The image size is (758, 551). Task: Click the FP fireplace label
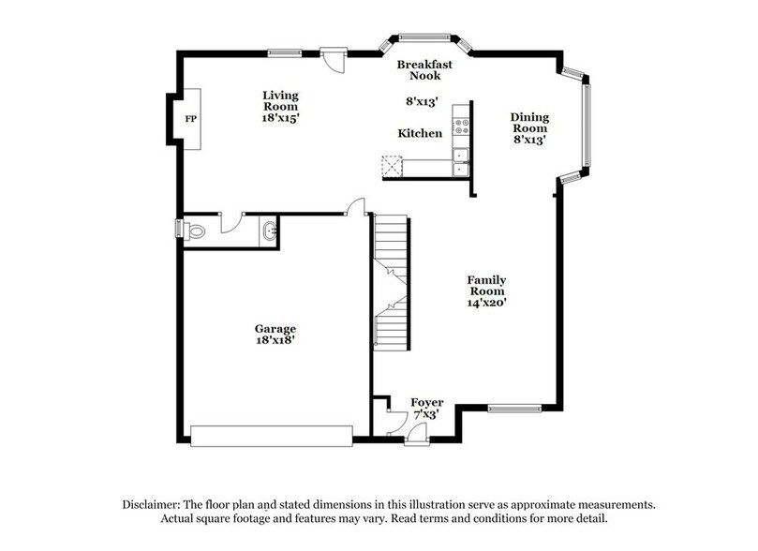(x=190, y=119)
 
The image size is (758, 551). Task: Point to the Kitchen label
(x=420, y=133)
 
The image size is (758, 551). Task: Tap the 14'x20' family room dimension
(x=487, y=303)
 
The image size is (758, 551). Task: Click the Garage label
(x=275, y=328)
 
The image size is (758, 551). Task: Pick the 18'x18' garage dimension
(x=275, y=341)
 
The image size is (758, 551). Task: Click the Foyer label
(x=427, y=402)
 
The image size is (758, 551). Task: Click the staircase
(x=392, y=281)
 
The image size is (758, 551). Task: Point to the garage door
(x=271, y=434)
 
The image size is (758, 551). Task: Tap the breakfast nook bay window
(x=424, y=37)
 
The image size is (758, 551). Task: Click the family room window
(x=514, y=408)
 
